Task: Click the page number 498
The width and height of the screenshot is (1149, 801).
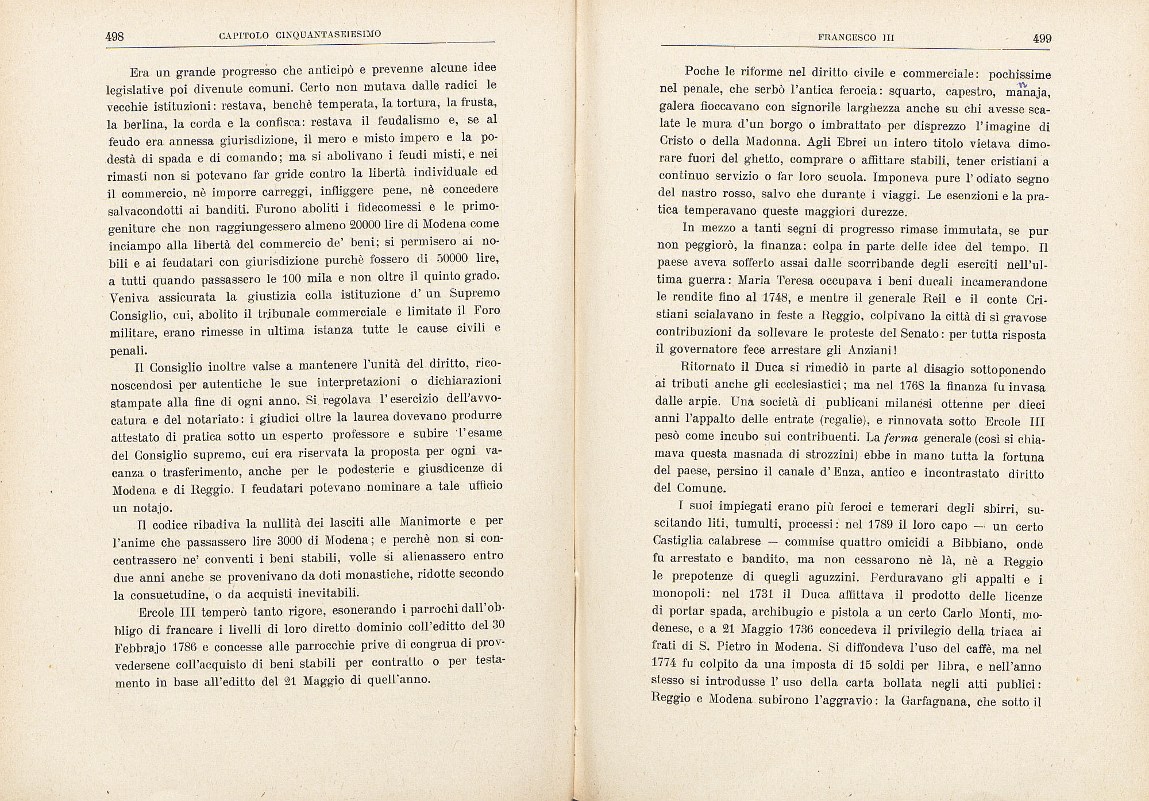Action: coord(115,37)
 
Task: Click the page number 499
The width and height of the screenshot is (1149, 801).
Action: coord(1042,38)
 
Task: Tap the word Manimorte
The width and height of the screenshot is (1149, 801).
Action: coord(430,522)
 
